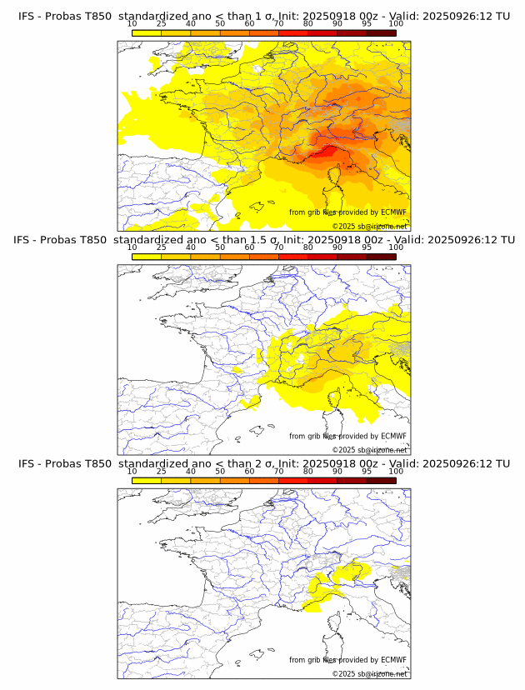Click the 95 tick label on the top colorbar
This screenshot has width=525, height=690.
367,23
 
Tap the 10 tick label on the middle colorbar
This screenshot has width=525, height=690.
132,247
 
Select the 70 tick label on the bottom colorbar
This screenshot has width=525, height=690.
278,471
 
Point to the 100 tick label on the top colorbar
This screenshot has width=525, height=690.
396,23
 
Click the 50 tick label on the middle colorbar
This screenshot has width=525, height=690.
220,247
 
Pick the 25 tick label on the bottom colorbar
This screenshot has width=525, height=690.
161,471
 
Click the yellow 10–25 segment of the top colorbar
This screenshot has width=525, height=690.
146,32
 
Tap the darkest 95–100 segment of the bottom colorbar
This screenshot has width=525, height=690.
381,480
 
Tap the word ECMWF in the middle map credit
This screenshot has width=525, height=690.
392,436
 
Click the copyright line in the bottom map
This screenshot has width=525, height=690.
369,673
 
